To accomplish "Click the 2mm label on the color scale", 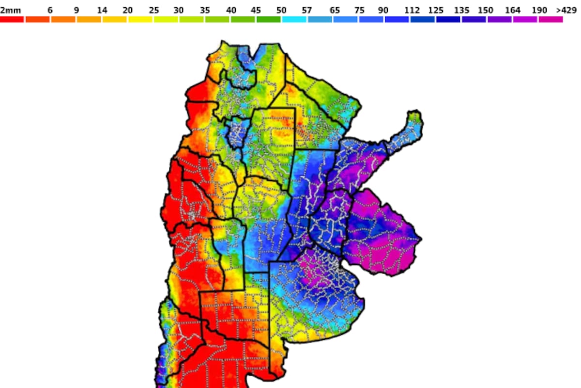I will coord(10,10).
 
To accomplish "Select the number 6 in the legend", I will coord(50,10).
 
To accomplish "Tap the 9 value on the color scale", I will coord(76,10).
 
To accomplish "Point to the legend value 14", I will coord(102,10).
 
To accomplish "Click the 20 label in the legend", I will coord(127,10).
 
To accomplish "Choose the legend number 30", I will coord(179,10).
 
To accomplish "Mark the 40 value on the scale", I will coord(231,10).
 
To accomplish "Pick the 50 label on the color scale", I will coord(282,10).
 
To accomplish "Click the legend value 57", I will coord(307,10).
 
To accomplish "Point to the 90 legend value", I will coord(384,10).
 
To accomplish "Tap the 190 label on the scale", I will coord(538,10).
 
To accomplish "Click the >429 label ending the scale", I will coord(566,10).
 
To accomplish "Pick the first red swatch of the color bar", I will coord(12,19).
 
